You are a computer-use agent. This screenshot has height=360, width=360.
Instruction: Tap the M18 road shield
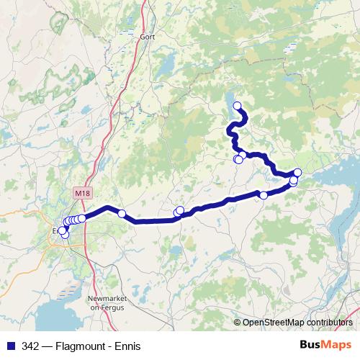tap(82, 193)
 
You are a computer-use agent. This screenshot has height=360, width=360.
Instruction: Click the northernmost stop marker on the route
tap(237, 106)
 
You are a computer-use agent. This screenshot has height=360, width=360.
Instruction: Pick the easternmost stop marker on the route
tap(297, 173)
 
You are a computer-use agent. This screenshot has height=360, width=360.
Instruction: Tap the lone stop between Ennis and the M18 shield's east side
tap(122, 213)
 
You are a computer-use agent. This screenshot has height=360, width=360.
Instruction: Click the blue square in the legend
tap(11, 345)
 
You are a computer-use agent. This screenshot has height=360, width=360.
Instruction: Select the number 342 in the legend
tap(31, 345)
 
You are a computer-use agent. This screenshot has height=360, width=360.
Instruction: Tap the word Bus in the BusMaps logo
tap(310, 345)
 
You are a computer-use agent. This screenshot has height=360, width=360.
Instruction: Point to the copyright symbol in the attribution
tap(238, 322)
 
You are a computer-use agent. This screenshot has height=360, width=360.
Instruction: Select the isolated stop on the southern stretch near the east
tap(264, 195)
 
